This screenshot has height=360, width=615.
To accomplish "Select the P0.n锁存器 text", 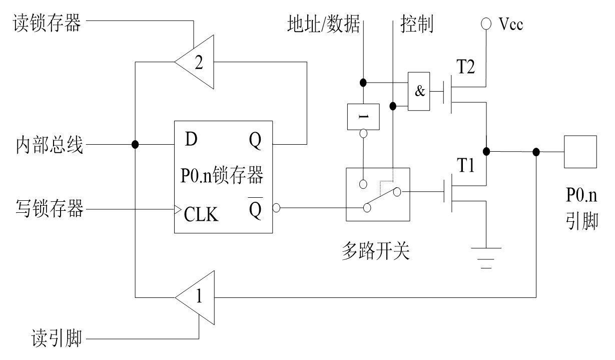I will tap(222, 177).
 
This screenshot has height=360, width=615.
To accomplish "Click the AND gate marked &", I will tap(419, 91).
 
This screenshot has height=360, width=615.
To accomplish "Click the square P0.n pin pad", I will tap(580, 152).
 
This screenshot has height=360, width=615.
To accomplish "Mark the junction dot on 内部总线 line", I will tap(135, 145).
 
